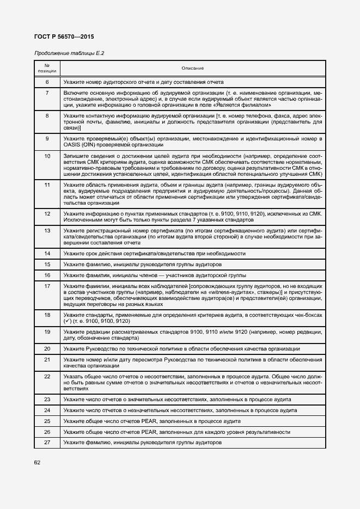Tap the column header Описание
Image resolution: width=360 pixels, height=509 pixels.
193,68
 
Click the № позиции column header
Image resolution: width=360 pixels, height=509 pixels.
47,68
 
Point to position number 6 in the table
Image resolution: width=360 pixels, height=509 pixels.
47,82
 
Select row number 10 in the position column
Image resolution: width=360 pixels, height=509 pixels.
47,156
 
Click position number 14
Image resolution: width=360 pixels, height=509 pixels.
47,254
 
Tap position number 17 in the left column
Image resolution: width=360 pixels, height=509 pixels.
47,286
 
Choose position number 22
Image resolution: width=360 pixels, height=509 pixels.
47,376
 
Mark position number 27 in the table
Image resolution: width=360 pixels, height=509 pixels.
47,443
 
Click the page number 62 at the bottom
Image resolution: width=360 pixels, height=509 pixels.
38,463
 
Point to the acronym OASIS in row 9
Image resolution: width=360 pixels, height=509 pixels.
72,145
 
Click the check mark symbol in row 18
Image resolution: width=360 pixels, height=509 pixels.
66,322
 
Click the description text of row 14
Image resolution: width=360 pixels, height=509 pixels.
154,254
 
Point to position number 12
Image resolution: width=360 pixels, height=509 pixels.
47,213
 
